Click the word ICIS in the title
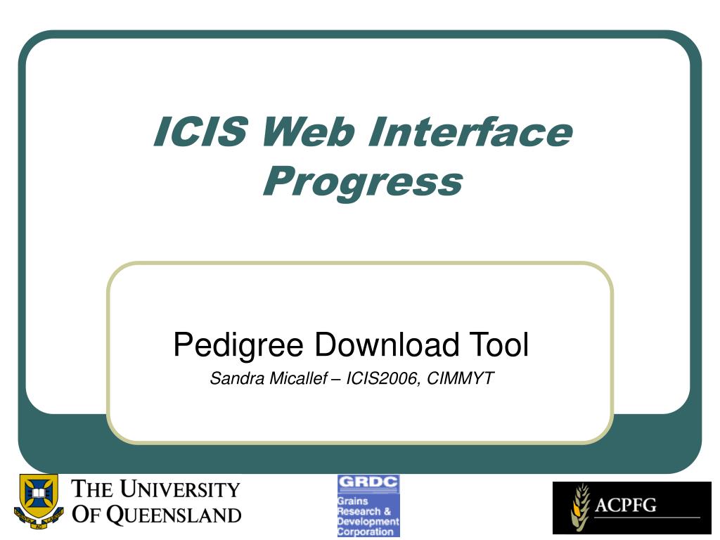(x=200, y=132)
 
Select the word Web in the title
(x=306, y=132)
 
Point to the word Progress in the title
(x=362, y=181)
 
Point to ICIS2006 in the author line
(x=378, y=379)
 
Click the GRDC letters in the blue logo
(x=368, y=484)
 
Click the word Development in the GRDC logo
(x=368, y=522)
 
